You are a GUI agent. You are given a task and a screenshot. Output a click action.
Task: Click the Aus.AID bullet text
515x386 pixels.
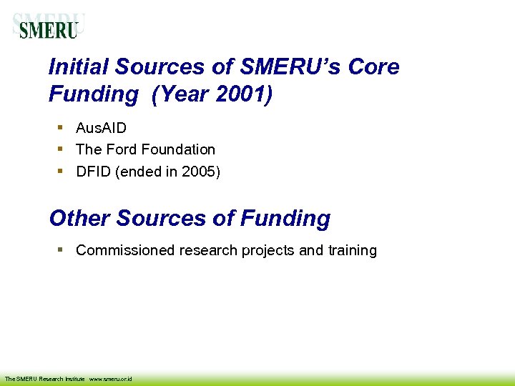pyautogui.click(x=101, y=128)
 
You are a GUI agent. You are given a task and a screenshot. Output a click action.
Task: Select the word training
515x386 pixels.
pyautogui.click(x=352, y=250)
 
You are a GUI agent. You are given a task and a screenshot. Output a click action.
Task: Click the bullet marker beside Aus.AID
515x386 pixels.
pyautogui.click(x=62, y=127)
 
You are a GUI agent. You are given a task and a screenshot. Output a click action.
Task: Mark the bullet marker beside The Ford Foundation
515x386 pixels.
pyautogui.click(x=62, y=149)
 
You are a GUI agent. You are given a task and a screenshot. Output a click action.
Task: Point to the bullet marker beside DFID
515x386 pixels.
pyautogui.click(x=62, y=170)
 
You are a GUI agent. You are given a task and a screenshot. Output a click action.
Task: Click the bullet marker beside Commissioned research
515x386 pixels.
pyautogui.click(x=62, y=249)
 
